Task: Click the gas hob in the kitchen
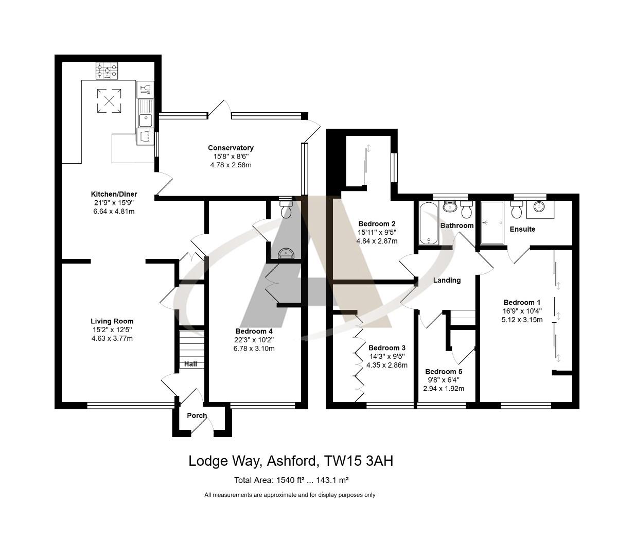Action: [x=107, y=71]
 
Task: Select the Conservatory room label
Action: [x=231, y=148]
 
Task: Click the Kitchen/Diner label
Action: [x=114, y=194]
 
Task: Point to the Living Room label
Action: [x=112, y=321]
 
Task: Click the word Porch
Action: [x=197, y=415]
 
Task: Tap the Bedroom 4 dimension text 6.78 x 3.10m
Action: [x=254, y=349]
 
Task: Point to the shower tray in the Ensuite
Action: [x=492, y=222]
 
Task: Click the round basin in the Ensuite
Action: [x=539, y=207]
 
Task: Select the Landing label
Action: [x=447, y=281]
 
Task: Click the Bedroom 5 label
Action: [x=444, y=372]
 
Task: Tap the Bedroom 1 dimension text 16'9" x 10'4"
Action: [x=522, y=311]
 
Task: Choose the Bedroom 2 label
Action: [x=377, y=224]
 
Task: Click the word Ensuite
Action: [x=522, y=229]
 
